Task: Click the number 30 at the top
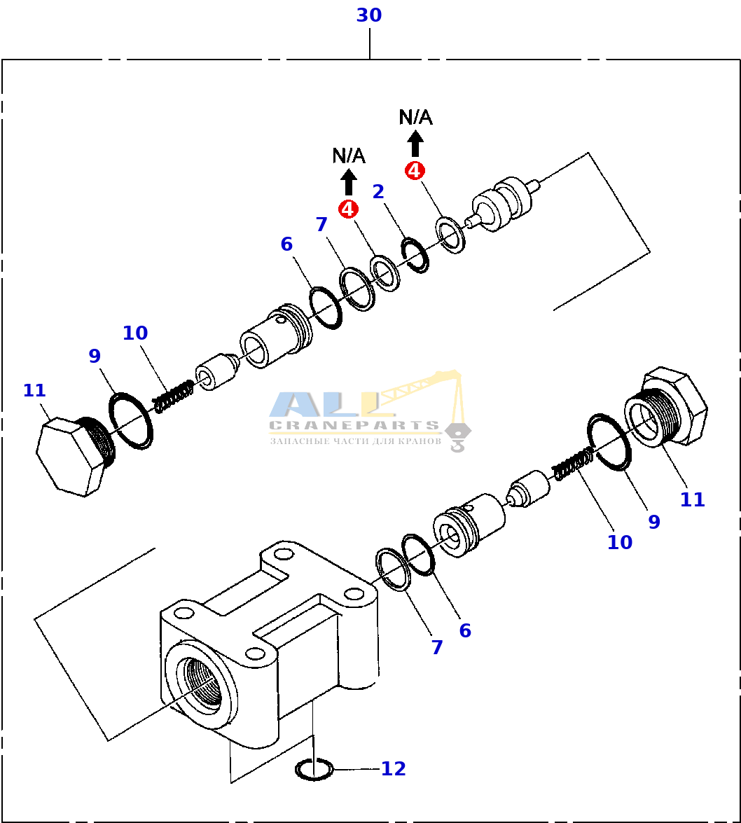[369, 15]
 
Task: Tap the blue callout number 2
[378, 192]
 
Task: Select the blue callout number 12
[393, 768]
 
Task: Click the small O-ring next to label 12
[314, 770]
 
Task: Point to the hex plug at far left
[74, 455]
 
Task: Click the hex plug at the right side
[665, 408]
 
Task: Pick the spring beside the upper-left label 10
[173, 396]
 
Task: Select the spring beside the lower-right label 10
[574, 463]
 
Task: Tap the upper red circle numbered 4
[415, 170]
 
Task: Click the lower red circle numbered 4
[348, 209]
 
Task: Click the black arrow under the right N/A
[415, 144]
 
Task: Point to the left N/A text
[349, 155]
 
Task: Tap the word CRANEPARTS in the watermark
[354, 425]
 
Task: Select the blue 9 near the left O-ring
[95, 356]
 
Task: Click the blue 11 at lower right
[692, 499]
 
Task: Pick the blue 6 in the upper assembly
[286, 244]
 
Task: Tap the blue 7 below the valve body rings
[437, 647]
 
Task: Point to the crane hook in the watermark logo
[457, 438]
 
